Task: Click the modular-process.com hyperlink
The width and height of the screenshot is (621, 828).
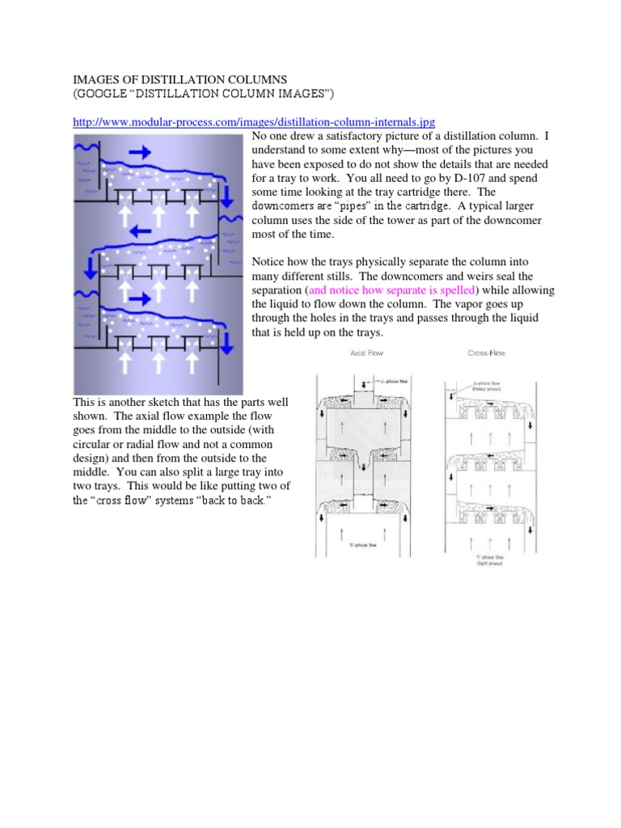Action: (254, 121)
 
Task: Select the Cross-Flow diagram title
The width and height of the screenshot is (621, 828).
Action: (488, 353)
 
